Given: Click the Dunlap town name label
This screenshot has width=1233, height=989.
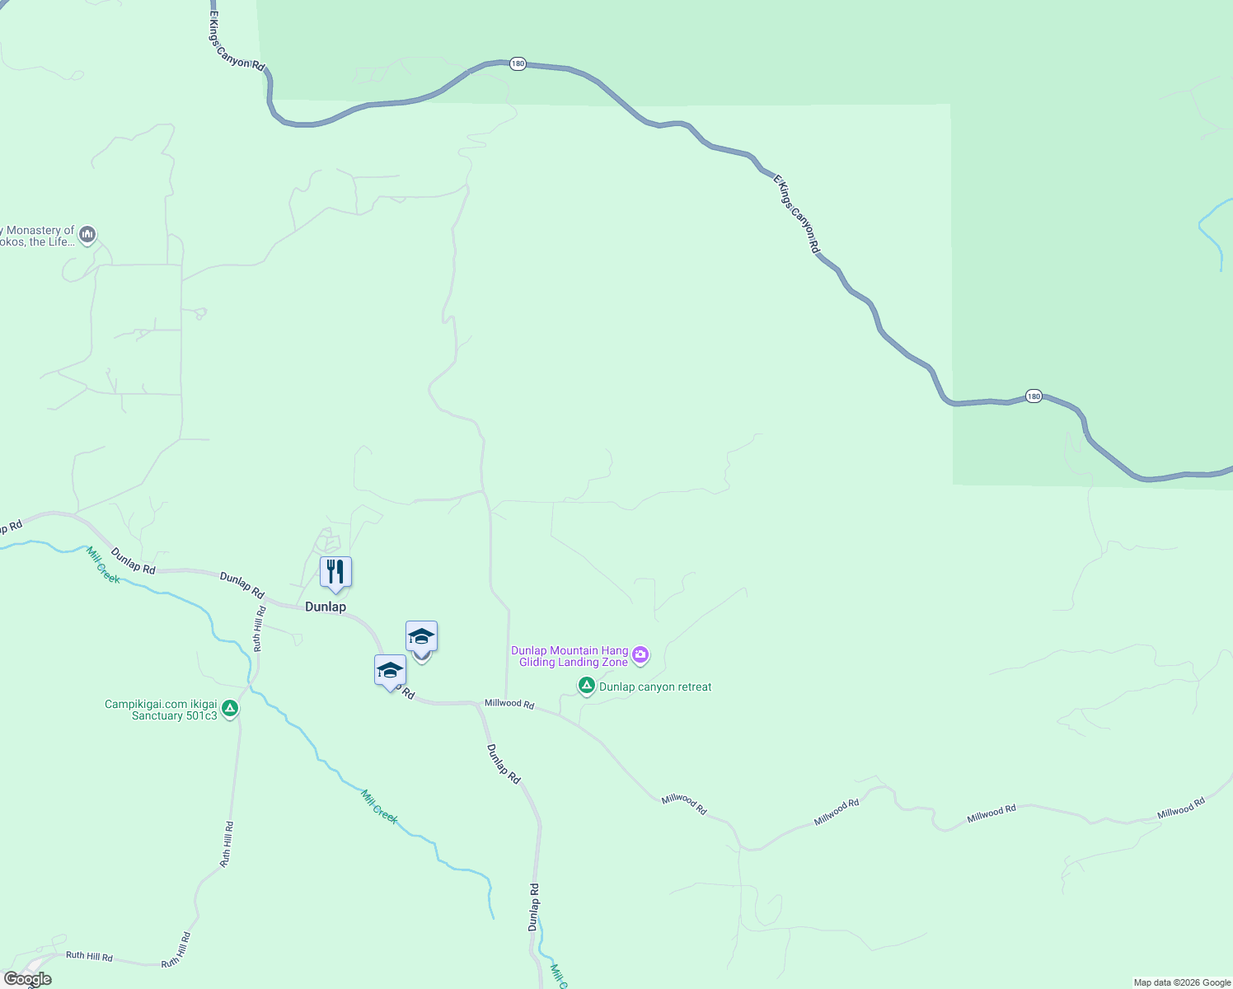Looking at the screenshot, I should click(x=326, y=607).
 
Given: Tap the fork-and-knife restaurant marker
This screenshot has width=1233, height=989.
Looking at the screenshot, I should click(x=335, y=571).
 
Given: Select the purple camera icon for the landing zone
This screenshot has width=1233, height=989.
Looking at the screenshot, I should click(x=640, y=655).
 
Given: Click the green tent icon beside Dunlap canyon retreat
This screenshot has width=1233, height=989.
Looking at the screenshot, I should click(x=586, y=686).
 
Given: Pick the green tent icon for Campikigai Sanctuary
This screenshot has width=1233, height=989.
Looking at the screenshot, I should click(x=230, y=708).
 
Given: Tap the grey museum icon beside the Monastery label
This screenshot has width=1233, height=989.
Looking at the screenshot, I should click(x=87, y=235).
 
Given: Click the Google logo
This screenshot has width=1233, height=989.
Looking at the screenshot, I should click(x=27, y=979).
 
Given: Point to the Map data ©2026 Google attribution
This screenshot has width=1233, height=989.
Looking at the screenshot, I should click(x=1181, y=982).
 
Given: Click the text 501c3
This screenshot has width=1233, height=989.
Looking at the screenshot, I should click(x=202, y=715).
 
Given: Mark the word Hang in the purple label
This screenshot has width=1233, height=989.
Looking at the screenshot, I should click(x=615, y=650).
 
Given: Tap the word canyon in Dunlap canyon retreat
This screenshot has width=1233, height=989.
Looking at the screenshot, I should click(x=654, y=687).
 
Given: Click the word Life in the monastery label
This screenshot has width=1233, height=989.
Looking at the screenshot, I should click(x=60, y=242).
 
